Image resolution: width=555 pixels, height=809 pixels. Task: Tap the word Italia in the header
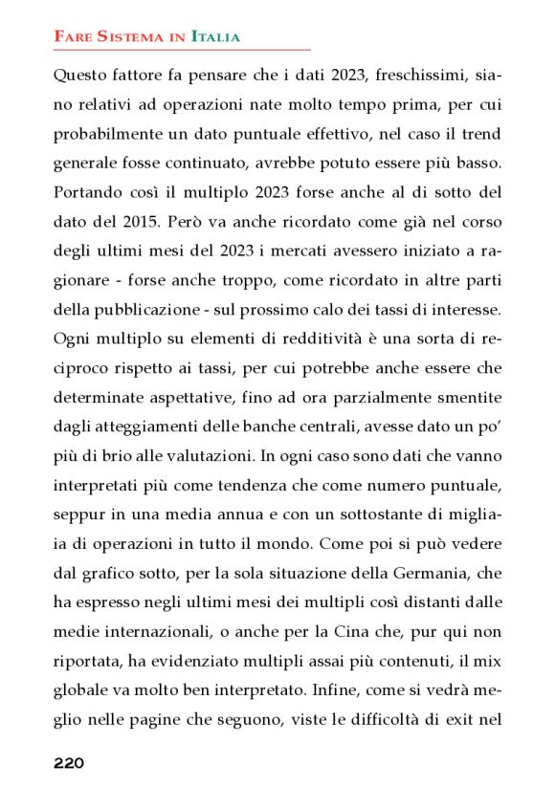tap(215, 37)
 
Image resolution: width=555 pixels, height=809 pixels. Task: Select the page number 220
tap(69, 763)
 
